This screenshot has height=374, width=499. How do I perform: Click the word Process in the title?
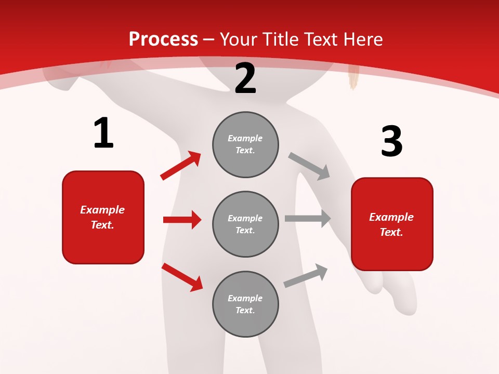163,39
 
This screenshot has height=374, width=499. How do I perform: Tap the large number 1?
103,133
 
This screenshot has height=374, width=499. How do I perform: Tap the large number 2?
245,78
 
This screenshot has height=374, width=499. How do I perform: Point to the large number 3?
391,141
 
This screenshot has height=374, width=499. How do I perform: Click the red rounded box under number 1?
103,217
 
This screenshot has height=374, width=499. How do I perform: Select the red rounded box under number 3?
392,224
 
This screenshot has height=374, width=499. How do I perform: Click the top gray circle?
245,144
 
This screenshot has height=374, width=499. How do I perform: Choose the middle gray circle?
245,224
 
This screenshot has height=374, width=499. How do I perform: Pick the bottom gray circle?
245,304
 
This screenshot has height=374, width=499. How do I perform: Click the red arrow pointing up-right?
180,166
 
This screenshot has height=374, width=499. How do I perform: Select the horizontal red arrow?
182,220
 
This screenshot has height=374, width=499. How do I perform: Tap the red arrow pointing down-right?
182,277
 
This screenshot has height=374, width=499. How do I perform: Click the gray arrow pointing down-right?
309,166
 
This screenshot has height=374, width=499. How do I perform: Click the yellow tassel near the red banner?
354,77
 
